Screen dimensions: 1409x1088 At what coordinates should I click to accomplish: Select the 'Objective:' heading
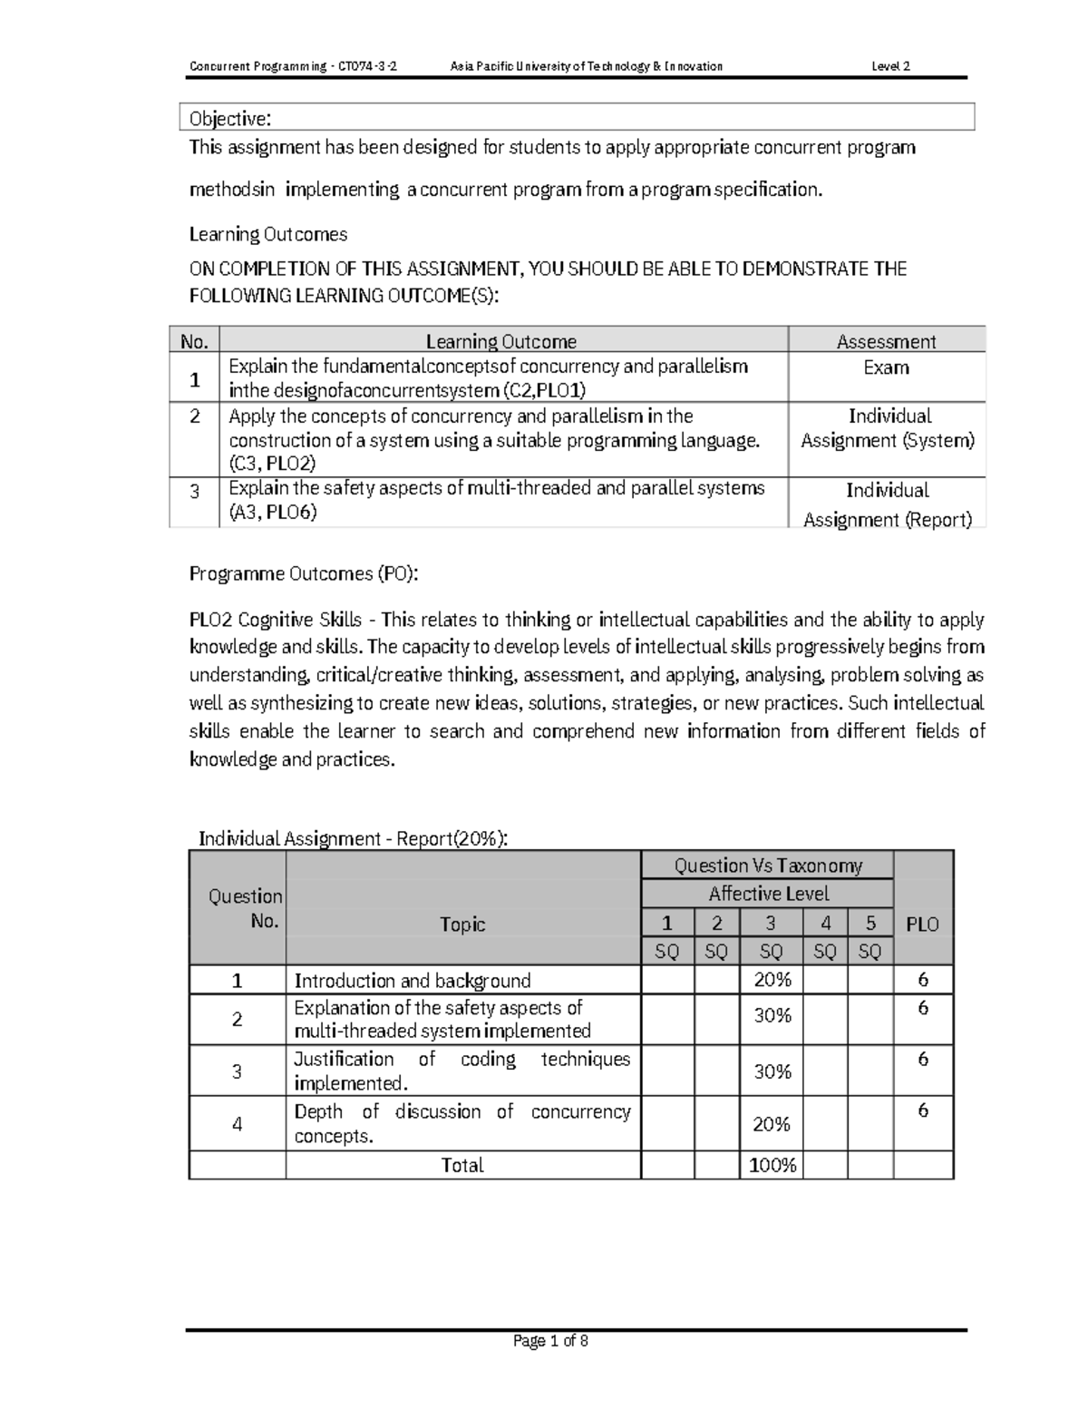point(229,119)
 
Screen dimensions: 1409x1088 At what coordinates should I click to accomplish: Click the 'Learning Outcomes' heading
point(267,234)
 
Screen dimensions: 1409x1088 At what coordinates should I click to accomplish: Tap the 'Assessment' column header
point(886,341)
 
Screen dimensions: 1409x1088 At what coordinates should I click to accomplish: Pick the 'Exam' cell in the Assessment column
point(886,367)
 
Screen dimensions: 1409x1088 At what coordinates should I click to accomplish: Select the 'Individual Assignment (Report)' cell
point(888,504)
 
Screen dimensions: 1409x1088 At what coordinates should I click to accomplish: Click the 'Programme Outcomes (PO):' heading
point(304,573)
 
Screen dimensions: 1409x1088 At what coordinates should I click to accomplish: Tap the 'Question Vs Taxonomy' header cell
point(767,866)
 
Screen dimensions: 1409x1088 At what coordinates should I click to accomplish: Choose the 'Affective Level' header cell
point(768,894)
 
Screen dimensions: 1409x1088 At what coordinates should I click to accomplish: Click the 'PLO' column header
point(922,925)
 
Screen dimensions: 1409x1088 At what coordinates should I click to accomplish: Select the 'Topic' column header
point(462,925)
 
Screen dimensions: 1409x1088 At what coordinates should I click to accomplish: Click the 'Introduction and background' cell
point(413,981)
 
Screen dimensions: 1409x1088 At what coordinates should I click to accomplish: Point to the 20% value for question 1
point(772,980)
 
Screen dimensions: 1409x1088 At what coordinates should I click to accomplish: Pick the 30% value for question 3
point(772,1071)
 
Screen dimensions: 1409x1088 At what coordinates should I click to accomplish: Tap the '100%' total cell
point(772,1165)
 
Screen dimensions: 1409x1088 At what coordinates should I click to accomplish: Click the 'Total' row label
point(462,1165)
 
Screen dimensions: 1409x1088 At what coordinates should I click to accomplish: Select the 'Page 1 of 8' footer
point(550,1341)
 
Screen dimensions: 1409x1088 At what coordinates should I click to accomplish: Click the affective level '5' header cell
point(870,924)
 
